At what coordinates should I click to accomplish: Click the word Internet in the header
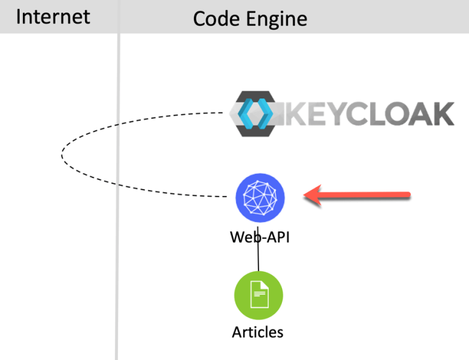(53, 17)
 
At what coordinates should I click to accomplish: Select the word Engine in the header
(278, 19)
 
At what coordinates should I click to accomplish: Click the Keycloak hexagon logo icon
(254, 114)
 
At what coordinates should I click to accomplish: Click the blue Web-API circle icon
(260, 198)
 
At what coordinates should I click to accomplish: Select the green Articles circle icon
(258, 296)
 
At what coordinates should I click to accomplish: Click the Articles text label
(258, 332)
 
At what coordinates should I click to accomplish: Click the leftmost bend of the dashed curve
(62, 154)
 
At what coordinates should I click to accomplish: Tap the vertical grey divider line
(117, 191)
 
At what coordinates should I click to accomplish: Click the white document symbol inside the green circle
(258, 295)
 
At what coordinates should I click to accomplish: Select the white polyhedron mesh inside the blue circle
(260, 198)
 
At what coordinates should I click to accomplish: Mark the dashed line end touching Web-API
(227, 197)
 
